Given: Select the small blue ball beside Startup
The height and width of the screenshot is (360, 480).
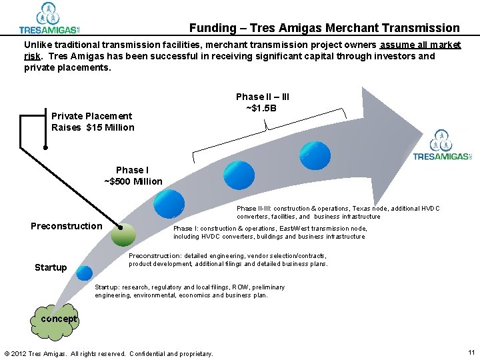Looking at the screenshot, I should click(x=84, y=273).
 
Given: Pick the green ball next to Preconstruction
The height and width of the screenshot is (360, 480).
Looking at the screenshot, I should click(x=123, y=233).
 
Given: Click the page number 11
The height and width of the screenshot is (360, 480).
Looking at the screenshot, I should click(x=471, y=352).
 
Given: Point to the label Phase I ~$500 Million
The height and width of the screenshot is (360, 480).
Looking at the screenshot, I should click(x=133, y=176).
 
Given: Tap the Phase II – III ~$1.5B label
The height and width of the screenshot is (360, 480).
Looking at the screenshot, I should click(x=262, y=103).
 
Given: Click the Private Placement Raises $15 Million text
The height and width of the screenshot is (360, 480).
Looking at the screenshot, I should click(x=93, y=122).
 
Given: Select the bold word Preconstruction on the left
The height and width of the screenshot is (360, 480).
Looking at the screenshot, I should click(x=67, y=226).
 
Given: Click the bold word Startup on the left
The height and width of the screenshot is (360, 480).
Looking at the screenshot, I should click(x=51, y=267).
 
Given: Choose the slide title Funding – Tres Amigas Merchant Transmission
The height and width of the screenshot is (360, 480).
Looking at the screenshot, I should click(x=324, y=28).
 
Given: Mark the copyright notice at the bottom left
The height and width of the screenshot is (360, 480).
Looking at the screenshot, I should click(x=109, y=353).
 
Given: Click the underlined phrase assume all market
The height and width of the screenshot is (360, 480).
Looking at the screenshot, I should click(x=420, y=45).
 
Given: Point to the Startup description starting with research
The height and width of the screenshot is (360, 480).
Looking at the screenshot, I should click(x=190, y=291).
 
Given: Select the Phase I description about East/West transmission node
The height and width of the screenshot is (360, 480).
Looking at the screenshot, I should click(x=269, y=232).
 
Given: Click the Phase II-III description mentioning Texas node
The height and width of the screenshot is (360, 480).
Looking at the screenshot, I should click(x=338, y=212).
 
